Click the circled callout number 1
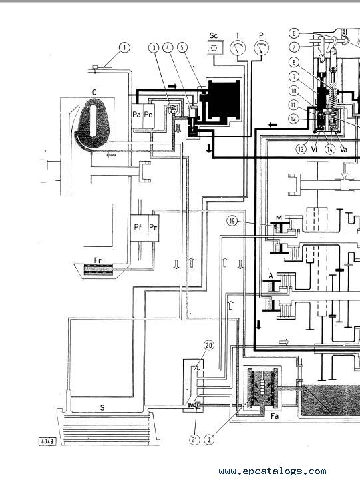click(x=124, y=48)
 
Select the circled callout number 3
click(x=154, y=48)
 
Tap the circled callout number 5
click(x=182, y=48)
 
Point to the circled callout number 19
click(x=232, y=221)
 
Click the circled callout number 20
click(x=209, y=346)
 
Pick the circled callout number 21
click(x=194, y=439)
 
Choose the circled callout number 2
click(x=210, y=439)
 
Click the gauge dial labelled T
click(x=238, y=48)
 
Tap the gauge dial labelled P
click(x=261, y=48)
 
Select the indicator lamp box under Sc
click(x=214, y=48)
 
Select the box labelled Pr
click(x=154, y=228)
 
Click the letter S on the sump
click(x=102, y=407)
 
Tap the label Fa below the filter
click(x=275, y=416)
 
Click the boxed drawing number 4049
click(x=47, y=442)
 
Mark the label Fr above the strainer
click(x=98, y=260)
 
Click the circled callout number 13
click(x=301, y=149)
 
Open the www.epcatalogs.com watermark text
click(x=272, y=471)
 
